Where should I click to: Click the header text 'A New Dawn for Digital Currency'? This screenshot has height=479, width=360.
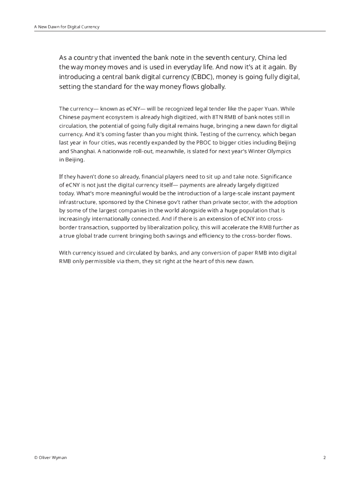[x=67, y=27]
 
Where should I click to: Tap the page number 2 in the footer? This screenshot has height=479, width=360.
[x=324, y=457]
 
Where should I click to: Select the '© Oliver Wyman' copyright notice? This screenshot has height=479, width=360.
[x=50, y=457]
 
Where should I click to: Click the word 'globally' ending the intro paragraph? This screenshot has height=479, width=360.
[x=211, y=87]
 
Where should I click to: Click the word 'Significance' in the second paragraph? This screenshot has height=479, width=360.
[x=276, y=176]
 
